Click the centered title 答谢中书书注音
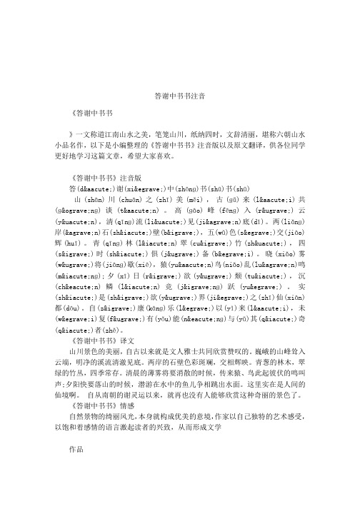[x=179, y=95]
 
